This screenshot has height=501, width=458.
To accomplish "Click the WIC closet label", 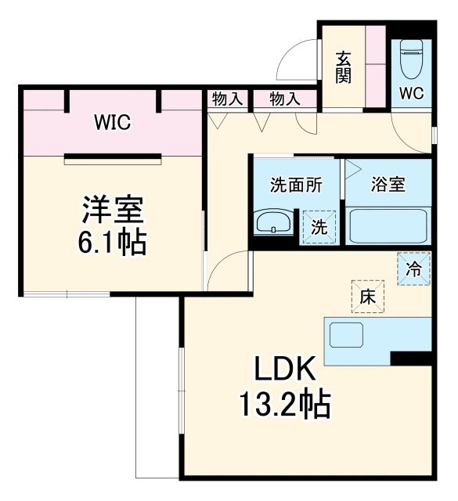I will tap(112, 123).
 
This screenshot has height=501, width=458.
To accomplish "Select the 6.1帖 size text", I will tap(113, 242).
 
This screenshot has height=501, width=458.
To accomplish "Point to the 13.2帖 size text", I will tap(283, 405).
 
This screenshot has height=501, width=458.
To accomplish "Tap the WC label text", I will tap(410, 93).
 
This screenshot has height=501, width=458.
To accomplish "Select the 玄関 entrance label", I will tap(343, 67).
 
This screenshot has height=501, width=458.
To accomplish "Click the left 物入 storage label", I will tap(225, 99).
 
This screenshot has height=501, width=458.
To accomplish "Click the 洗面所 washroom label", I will tap(295, 186).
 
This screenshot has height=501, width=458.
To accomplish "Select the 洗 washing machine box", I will tap(319, 228).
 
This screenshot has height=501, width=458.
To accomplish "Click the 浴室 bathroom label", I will tap(388, 186).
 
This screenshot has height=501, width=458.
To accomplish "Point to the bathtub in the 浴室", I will tap(388, 225).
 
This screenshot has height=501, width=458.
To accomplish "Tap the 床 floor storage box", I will tap(366, 297).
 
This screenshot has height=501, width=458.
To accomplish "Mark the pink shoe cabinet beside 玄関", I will tap(376, 67).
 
